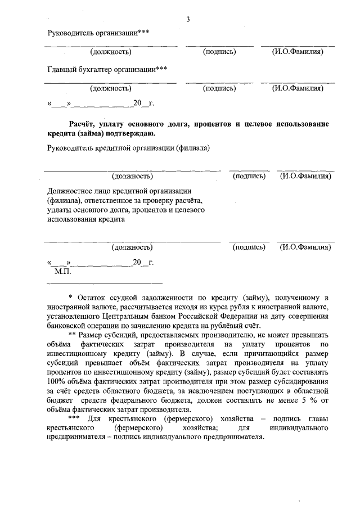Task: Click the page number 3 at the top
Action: (188, 20)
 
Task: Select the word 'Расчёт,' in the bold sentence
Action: (84, 124)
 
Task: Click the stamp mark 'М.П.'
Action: (62, 271)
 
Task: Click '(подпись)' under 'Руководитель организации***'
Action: (219, 52)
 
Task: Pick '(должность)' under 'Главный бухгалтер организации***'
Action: (111, 88)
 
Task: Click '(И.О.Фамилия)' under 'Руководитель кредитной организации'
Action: (305, 177)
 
